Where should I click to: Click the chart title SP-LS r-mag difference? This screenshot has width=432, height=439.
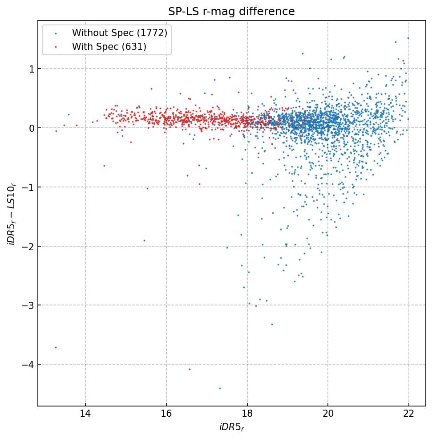click(231, 12)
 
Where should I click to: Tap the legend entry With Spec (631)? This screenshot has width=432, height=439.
click(109, 46)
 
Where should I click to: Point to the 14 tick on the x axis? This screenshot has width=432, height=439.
click(85, 415)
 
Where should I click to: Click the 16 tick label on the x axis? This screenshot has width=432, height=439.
click(166, 415)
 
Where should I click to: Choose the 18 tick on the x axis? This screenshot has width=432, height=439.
click(247, 415)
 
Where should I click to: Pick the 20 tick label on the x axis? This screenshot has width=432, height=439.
click(328, 415)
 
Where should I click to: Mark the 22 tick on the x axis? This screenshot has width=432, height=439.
click(409, 415)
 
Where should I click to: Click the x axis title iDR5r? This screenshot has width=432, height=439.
click(231, 427)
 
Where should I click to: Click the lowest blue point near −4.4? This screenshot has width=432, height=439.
click(220, 388)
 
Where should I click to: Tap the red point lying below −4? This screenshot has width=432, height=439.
click(190, 369)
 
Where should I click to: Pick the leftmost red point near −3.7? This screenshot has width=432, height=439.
click(56, 347)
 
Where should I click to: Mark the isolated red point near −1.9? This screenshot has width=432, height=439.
click(144, 240)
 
